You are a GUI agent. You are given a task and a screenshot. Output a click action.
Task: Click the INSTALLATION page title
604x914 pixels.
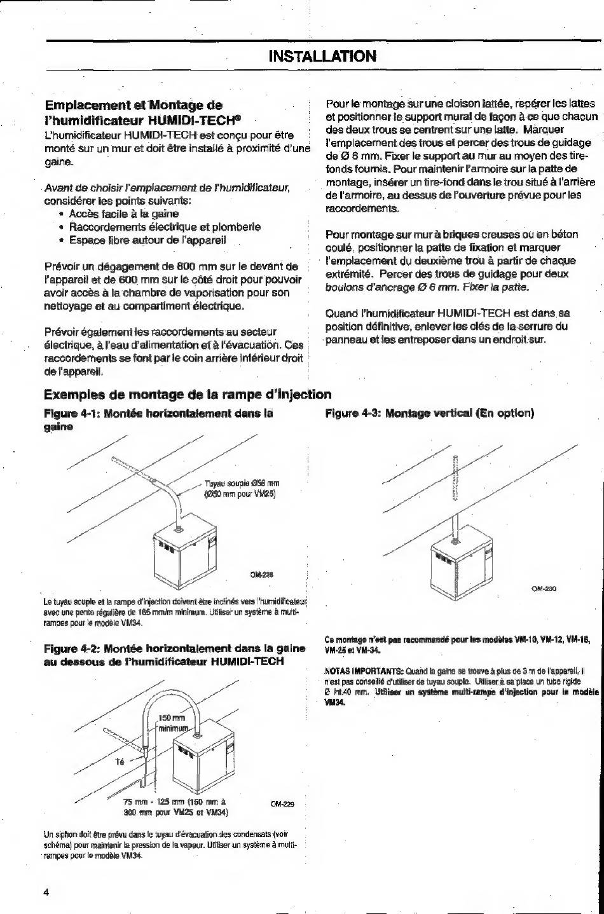click(323, 56)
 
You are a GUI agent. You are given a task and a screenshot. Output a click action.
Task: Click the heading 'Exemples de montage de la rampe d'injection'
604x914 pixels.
click(188, 394)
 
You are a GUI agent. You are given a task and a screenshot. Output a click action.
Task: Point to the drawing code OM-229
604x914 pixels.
click(282, 803)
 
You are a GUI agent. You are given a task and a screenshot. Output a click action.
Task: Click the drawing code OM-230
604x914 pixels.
click(544, 589)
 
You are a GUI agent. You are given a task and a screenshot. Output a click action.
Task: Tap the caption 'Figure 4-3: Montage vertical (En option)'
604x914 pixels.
click(429, 413)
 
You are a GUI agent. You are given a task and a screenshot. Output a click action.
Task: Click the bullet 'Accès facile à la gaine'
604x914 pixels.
click(124, 214)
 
